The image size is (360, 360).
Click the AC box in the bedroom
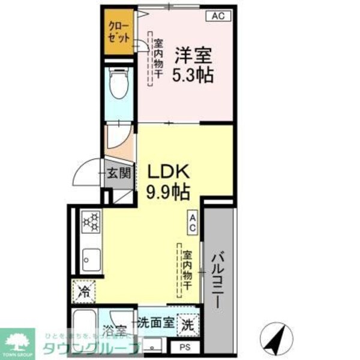tap(218, 17)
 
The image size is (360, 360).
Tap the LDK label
tap(169, 172)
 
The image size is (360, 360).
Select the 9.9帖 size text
tap(169, 193)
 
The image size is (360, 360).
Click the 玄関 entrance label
tap(118, 174)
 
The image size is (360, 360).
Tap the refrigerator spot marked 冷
tap(85, 293)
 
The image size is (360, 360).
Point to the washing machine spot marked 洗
tap(188, 325)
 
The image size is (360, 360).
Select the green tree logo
tap(19, 340)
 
